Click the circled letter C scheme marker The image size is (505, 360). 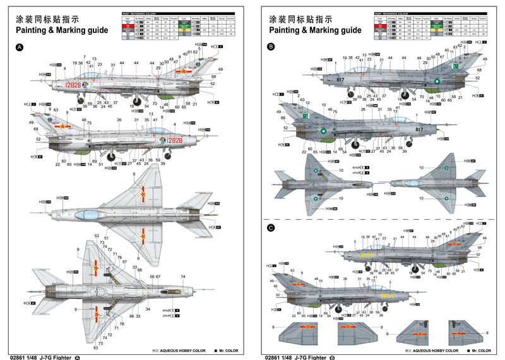pos(271,228)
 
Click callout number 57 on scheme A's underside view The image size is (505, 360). pos(124,261)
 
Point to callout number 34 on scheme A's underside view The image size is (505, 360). pos(148,309)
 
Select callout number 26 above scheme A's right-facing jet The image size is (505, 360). pos(119,120)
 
